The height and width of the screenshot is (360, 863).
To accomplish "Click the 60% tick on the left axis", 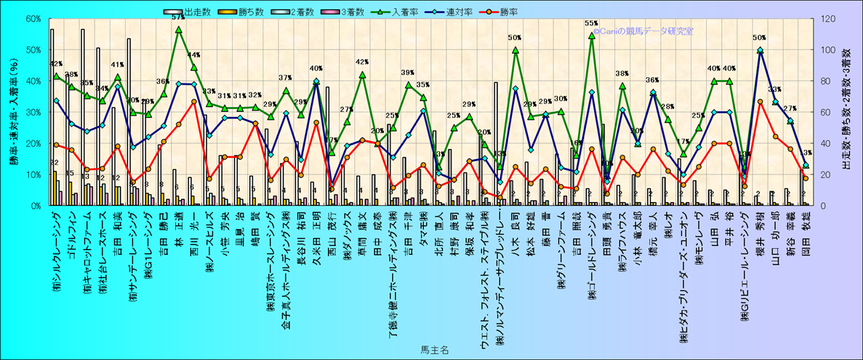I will coord(32,19).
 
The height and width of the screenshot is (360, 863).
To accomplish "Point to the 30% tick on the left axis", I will coord(32,112).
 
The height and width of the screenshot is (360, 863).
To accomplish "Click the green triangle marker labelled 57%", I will coord(179,30).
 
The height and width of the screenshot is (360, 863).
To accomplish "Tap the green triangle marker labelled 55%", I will coord(592,35).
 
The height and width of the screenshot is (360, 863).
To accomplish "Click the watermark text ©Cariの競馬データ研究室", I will coord(643,31).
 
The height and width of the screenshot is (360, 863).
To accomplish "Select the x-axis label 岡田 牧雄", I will coord(805,240).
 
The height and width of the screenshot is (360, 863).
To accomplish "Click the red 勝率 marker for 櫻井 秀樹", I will coord(760,102).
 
